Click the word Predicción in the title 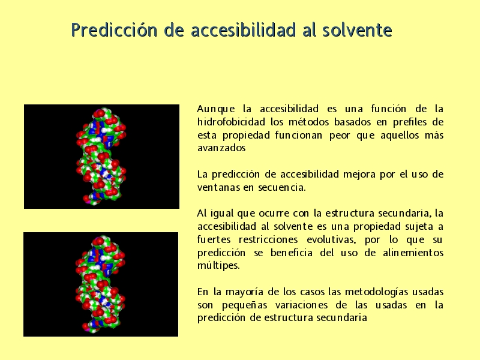pos(114,30)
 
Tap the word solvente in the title pos(357,30)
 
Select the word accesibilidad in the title pos(243,30)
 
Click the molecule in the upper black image pos(101,156)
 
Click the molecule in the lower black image pos(100,284)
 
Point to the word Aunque pos(216,109)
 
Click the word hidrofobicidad pos(231,122)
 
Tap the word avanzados pos(221,148)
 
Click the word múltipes pos(218,265)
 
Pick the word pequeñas pos(244,305)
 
